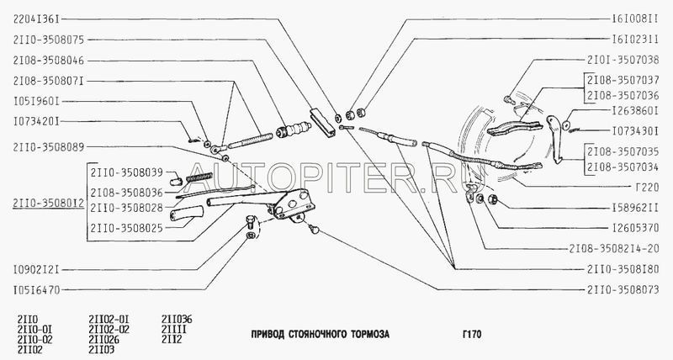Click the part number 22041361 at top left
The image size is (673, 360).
click(36, 19)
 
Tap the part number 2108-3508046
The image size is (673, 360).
click(49, 61)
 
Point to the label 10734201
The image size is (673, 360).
click(36, 121)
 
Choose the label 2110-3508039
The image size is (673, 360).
click(126, 172)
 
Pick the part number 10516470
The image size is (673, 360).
click(36, 290)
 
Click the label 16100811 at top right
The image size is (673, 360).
click(635, 19)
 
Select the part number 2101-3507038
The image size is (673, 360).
click(623, 60)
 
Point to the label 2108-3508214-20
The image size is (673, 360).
click(614, 249)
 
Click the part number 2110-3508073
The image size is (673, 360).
click(623, 289)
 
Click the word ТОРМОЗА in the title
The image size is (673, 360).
click(370, 334)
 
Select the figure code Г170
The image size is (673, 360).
click(472, 334)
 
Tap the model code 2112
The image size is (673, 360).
click(172, 340)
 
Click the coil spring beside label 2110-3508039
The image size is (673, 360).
click(200, 177)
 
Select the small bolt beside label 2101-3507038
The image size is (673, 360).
click(509, 100)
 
